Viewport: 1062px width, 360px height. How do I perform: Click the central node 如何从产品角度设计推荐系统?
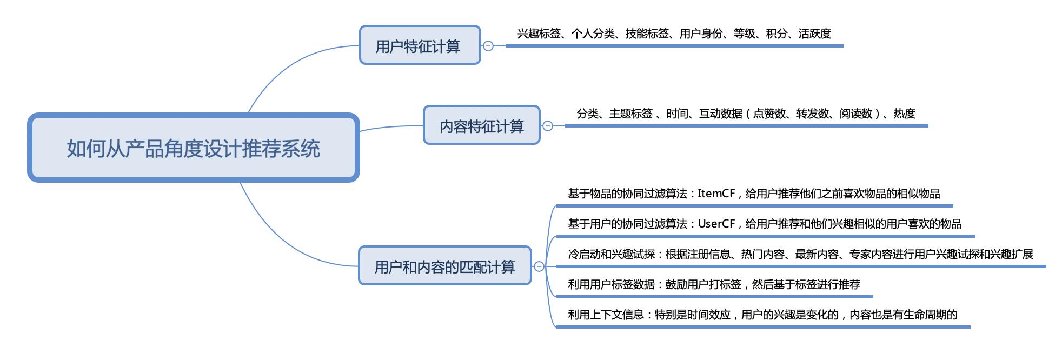pyautogui.click(x=193, y=148)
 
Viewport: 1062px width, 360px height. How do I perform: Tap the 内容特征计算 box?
pyautogui.click(x=481, y=126)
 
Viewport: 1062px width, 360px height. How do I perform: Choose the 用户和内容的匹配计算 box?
pyautogui.click(x=444, y=266)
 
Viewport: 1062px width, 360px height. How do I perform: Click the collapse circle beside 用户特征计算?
pyautogui.click(x=488, y=46)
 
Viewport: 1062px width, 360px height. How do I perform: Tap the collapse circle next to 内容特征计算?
pyautogui.click(x=548, y=126)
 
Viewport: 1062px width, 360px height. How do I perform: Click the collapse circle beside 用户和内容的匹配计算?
pyautogui.click(x=539, y=266)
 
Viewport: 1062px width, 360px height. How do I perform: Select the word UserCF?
pyautogui.click(x=716, y=224)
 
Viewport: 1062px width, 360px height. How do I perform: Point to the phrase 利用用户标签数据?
pyautogui.click(x=611, y=284)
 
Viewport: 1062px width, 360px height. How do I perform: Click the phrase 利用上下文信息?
pyautogui.click(x=606, y=315)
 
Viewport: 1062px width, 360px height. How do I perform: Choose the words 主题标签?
pyautogui.click(x=630, y=114)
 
